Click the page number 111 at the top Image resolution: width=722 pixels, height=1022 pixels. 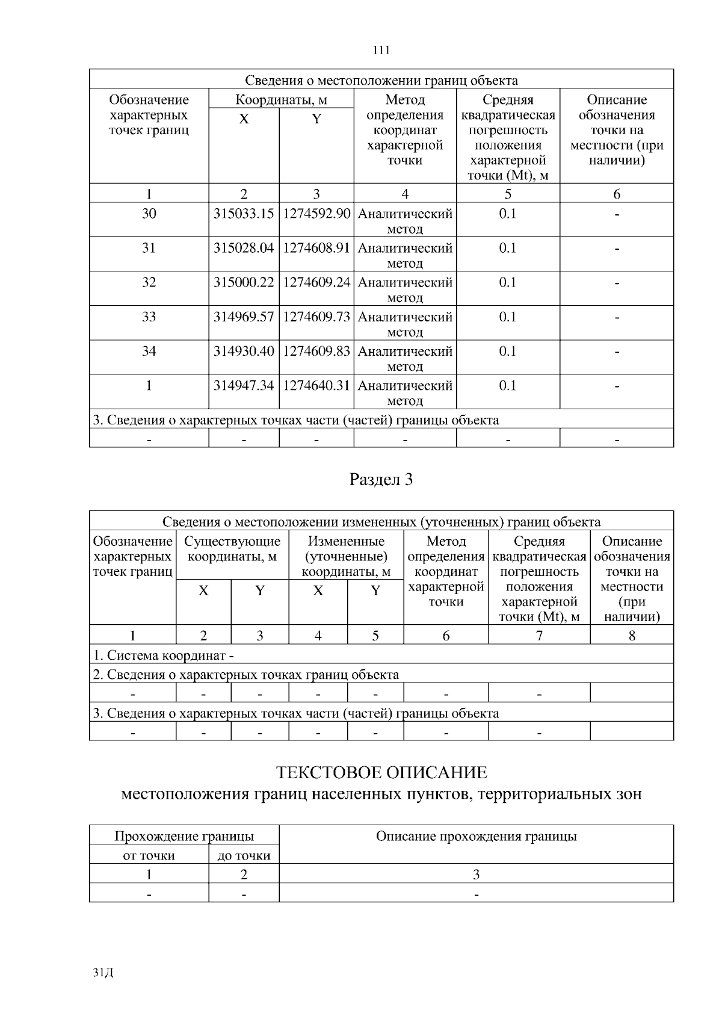(381, 50)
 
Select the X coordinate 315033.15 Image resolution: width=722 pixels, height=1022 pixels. (244, 214)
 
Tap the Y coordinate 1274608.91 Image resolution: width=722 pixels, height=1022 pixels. (316, 248)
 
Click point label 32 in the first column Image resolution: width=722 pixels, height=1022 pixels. (149, 282)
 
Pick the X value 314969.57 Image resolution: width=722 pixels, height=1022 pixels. (244, 317)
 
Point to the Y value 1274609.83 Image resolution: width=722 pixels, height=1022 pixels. (316, 351)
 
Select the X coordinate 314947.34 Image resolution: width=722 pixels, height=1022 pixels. (244, 385)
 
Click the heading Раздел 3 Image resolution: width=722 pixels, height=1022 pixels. (381, 480)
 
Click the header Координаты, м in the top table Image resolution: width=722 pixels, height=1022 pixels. (281, 99)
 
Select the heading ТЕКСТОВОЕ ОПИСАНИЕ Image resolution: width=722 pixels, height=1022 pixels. (381, 772)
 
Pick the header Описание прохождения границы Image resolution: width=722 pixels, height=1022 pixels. (476, 836)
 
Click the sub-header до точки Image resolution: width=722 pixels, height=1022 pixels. (244, 855)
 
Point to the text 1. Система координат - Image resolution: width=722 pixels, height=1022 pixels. (163, 655)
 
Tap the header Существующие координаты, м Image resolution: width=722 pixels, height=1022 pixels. (232, 549)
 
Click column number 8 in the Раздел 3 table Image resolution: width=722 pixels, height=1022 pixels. (632, 636)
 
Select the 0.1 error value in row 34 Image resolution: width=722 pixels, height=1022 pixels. (508, 351)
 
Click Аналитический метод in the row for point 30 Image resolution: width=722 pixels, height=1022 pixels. (405, 221)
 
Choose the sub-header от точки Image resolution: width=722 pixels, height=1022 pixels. (149, 855)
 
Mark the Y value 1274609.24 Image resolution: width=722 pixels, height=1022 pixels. (316, 282)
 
